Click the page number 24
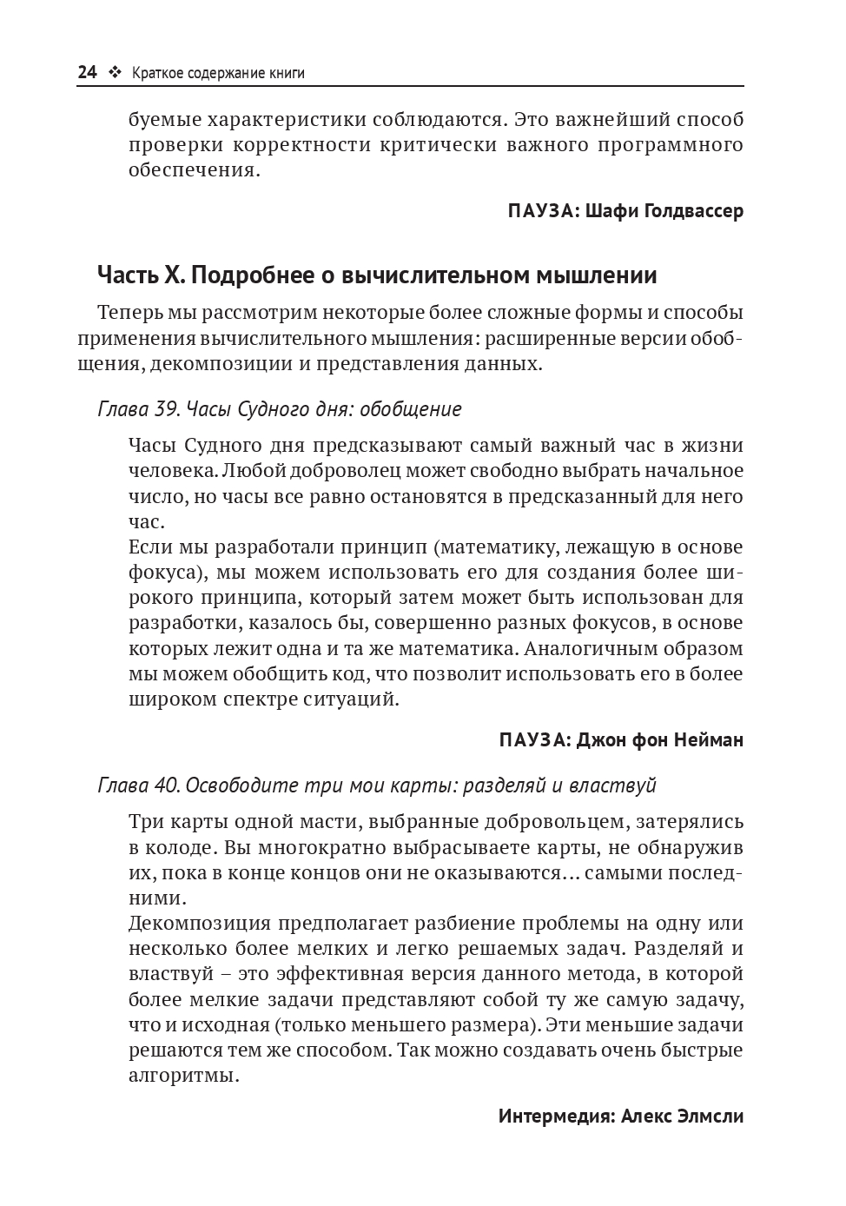[87, 73]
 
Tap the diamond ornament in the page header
[114, 73]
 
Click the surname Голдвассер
[695, 211]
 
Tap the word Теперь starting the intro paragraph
[129, 312]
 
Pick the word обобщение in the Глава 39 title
[410, 409]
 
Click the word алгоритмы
[182, 1076]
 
